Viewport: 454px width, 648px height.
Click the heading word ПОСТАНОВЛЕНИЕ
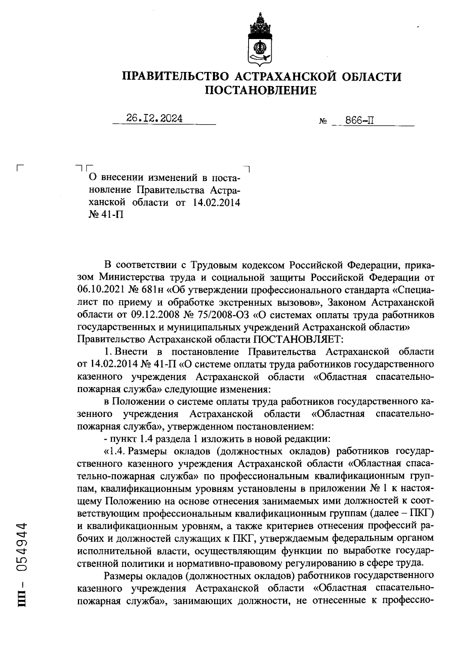(261, 91)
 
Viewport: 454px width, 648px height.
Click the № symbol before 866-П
(323, 122)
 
